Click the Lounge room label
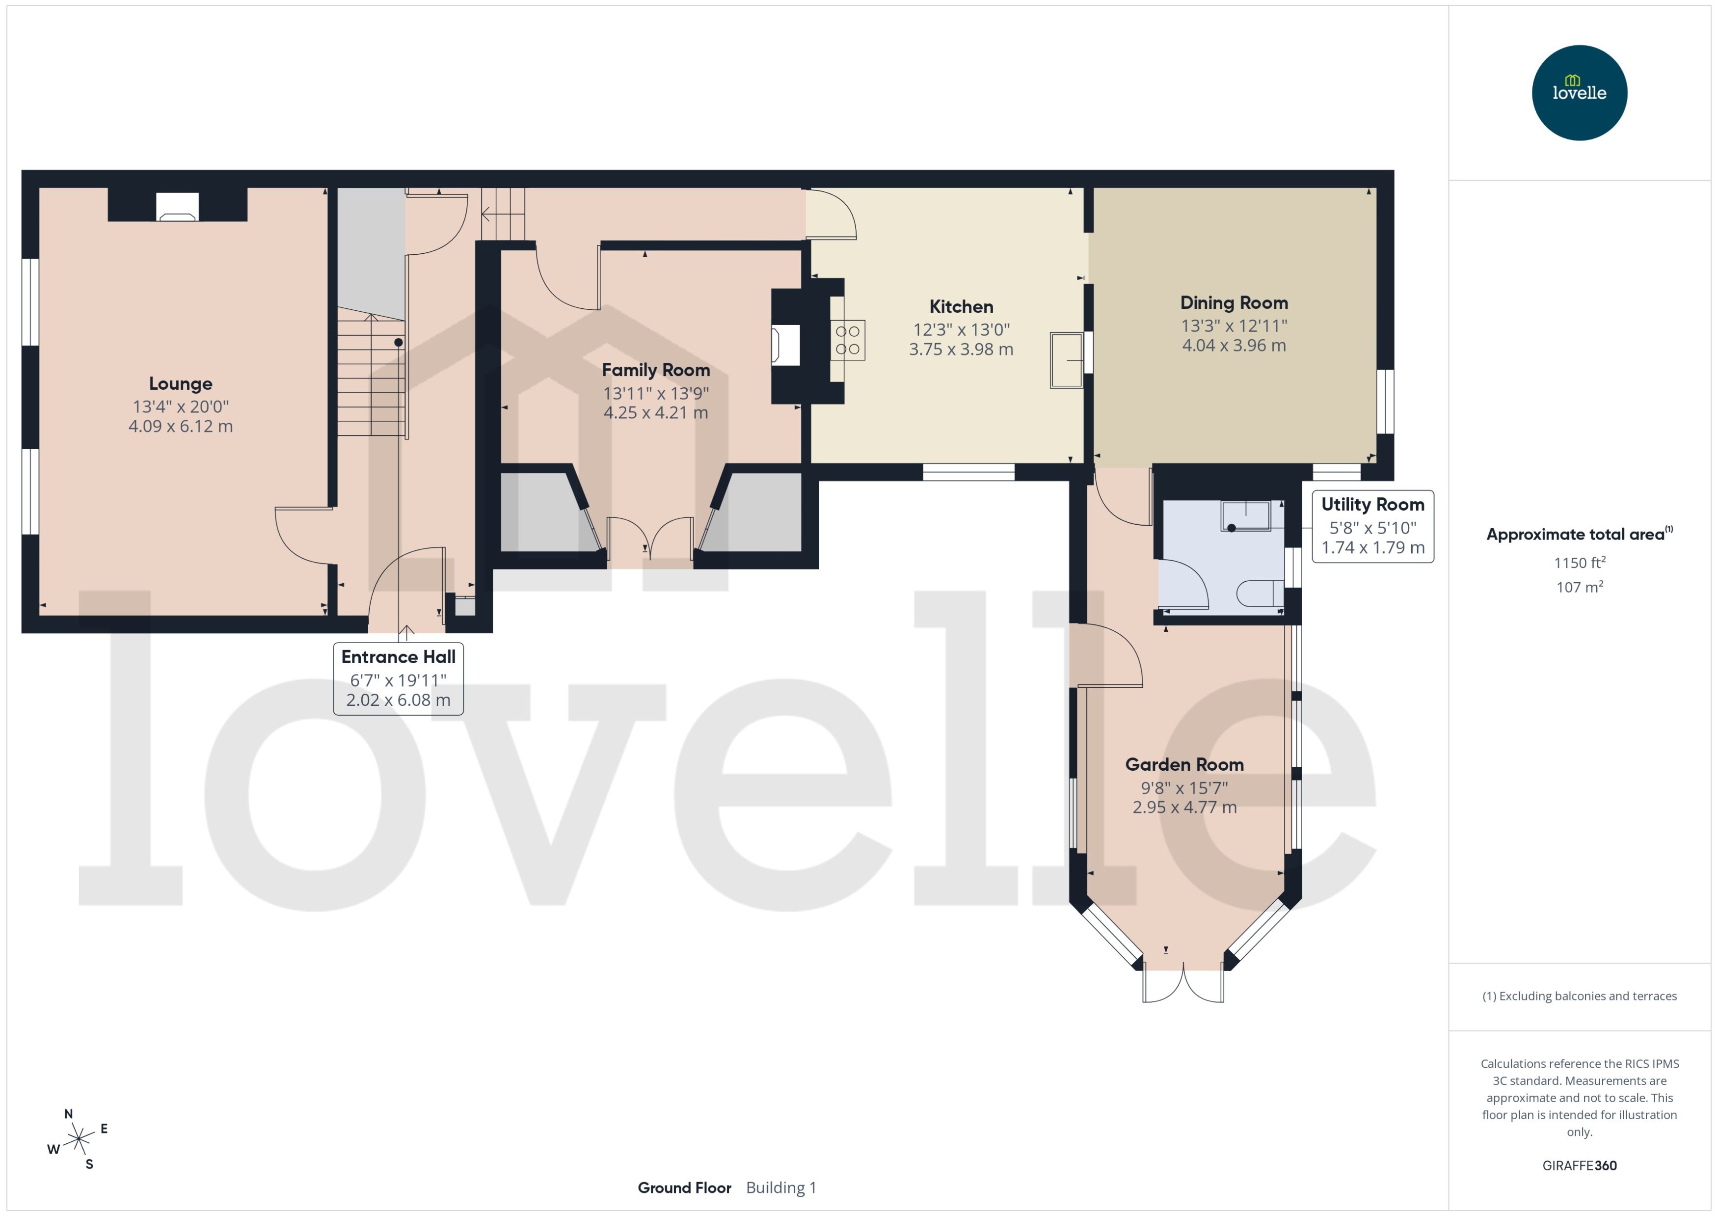181,383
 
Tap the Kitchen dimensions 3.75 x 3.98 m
961,349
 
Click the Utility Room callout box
1372,526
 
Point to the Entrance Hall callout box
398,678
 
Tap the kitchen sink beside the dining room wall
1066,360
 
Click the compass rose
78,1139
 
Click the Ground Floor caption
684,1188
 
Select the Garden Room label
1184,764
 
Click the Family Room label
656,370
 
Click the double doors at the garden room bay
1183,984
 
